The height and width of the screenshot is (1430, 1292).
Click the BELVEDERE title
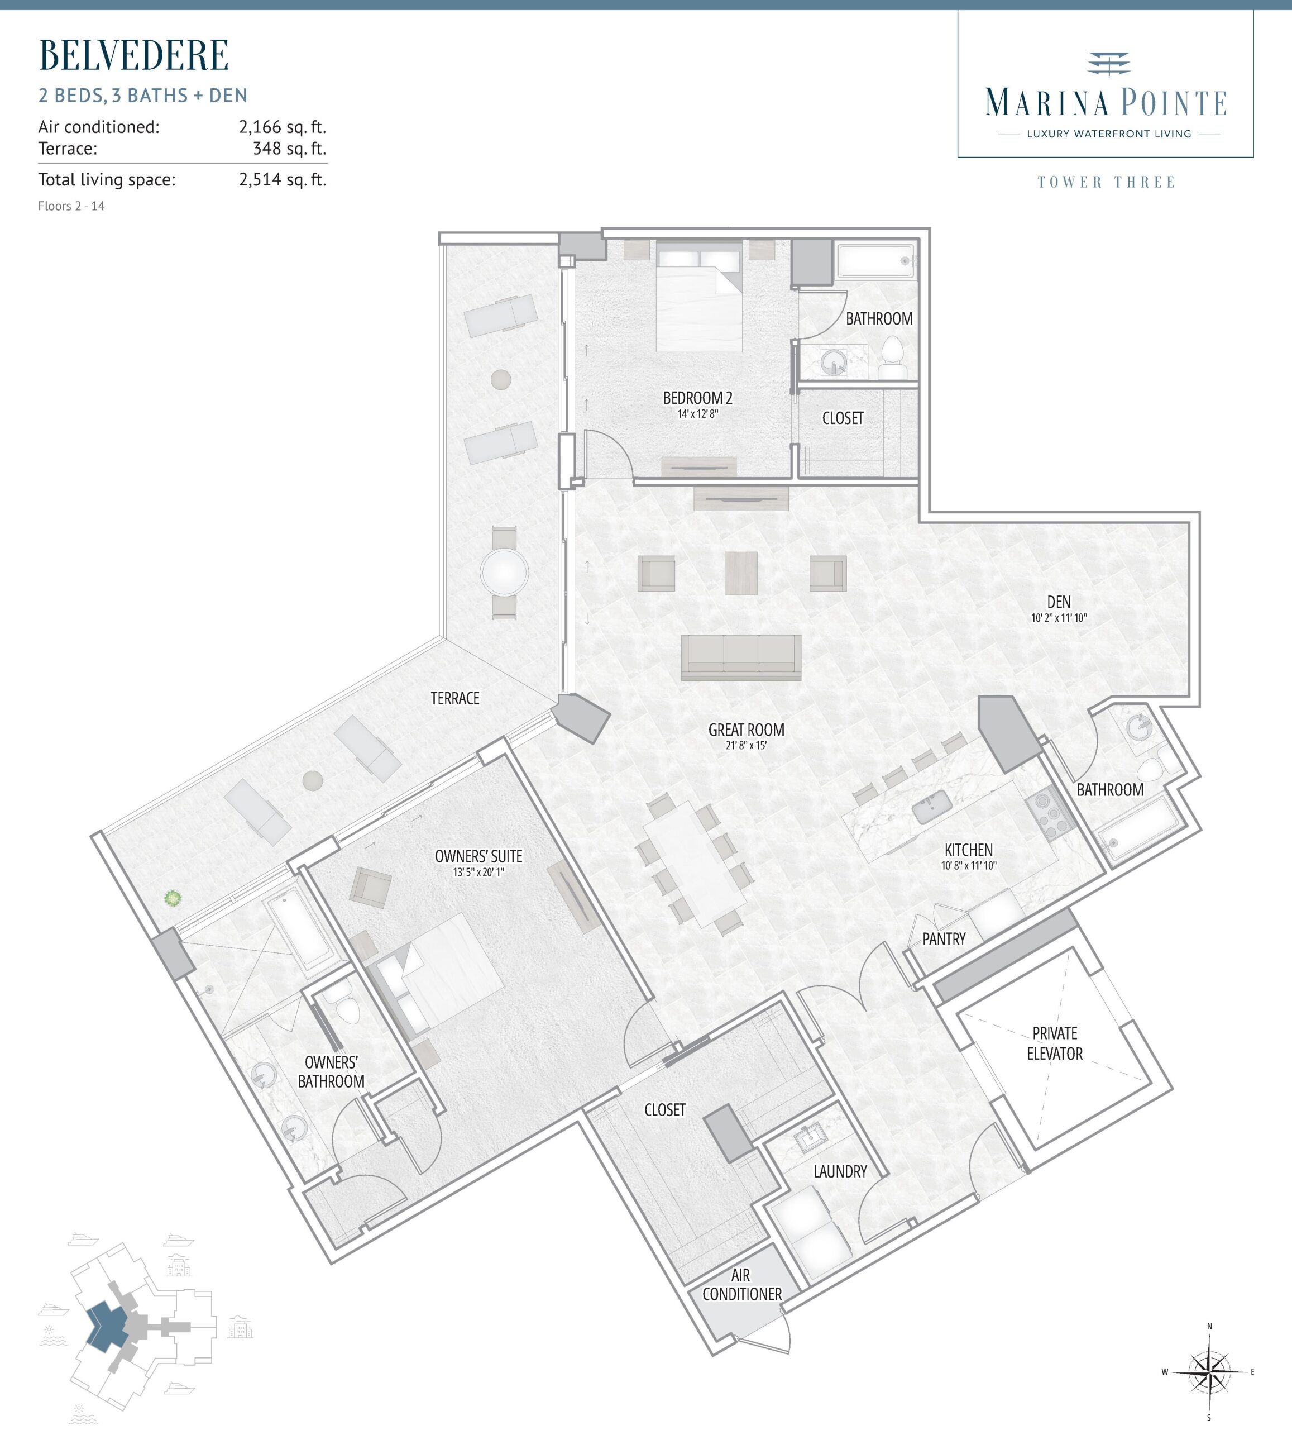coord(133,55)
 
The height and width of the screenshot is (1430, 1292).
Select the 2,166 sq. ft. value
coord(282,127)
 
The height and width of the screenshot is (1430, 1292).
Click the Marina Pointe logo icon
coord(1108,63)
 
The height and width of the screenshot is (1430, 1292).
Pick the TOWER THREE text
coord(1106,182)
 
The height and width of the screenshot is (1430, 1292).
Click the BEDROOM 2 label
coord(698,398)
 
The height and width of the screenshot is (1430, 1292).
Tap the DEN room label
coord(1059,602)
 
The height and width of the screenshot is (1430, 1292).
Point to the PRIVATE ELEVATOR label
coord(1055,1043)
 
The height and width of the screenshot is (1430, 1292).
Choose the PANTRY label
coord(944,939)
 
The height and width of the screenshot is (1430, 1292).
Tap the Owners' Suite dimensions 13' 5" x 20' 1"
coord(478,872)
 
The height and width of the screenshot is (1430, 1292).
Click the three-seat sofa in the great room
coord(741,657)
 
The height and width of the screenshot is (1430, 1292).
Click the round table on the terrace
coord(504,573)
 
